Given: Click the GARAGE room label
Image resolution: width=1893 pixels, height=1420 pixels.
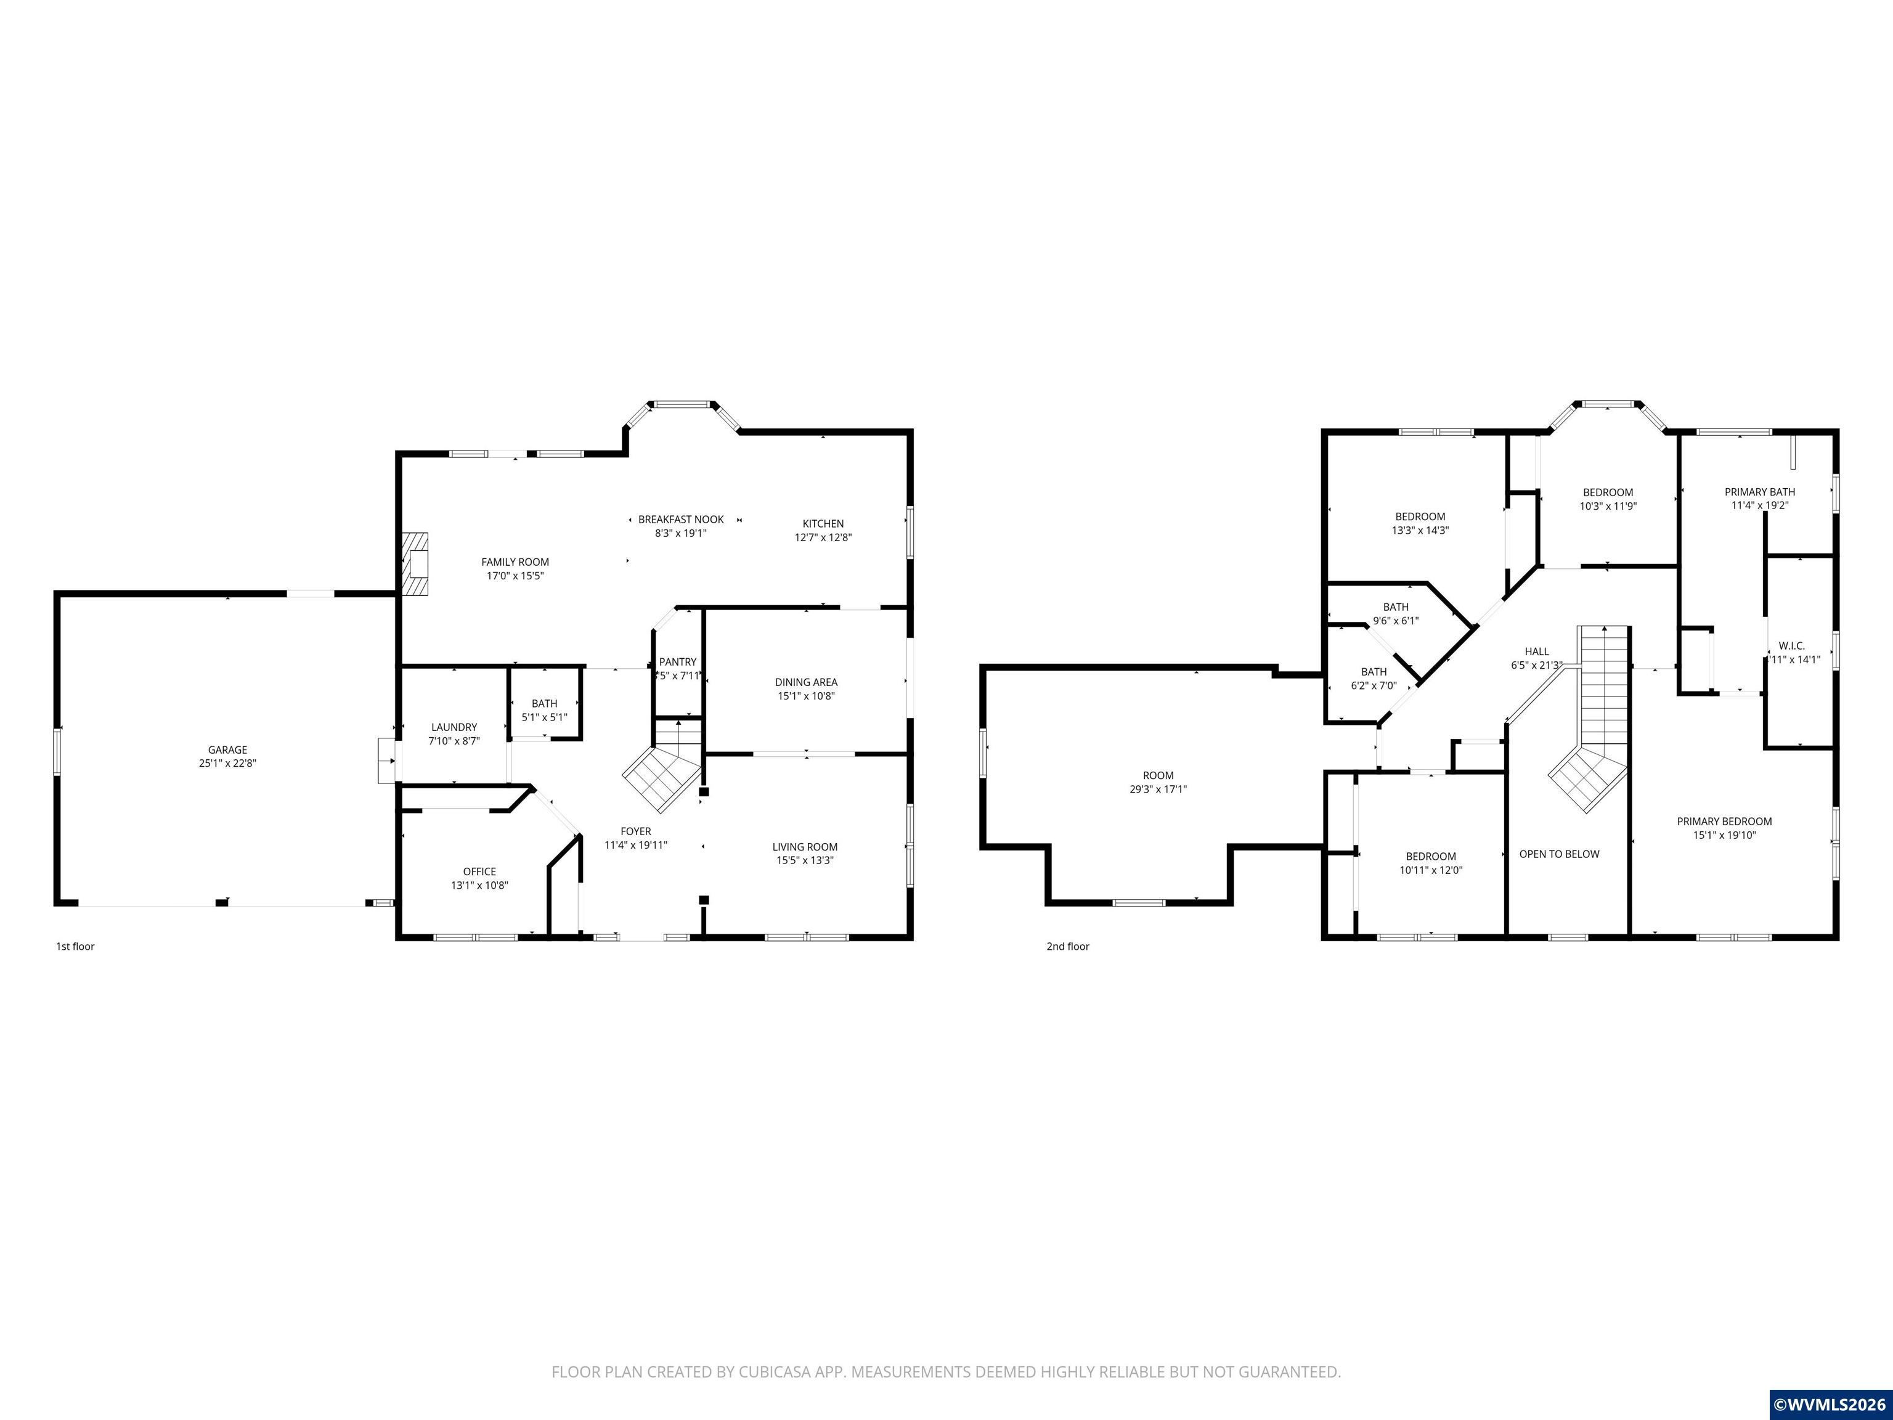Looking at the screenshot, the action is [227, 750].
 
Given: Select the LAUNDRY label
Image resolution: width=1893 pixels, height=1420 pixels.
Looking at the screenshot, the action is [454, 727].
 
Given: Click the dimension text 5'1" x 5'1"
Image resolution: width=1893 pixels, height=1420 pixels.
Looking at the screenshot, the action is [544, 717].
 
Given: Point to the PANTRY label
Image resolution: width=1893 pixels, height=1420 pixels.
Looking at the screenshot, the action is [678, 662].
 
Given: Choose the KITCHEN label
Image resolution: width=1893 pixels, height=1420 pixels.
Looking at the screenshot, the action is [823, 524].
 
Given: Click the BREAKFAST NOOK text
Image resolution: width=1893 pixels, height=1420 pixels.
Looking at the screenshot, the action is [681, 520].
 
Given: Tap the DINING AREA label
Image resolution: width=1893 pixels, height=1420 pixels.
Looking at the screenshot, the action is [806, 682].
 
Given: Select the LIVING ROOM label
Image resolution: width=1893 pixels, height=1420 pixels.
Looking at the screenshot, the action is [805, 847].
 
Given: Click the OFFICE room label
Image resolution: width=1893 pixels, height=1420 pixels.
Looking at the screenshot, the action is [479, 872].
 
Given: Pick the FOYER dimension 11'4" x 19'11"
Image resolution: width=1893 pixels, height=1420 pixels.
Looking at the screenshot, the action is [636, 845].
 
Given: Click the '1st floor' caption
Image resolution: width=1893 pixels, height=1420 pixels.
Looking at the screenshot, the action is [75, 947].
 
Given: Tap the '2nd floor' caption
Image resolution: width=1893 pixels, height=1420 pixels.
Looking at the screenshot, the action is [1068, 947].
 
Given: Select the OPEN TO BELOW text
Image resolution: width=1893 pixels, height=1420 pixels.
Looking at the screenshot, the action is [1559, 854].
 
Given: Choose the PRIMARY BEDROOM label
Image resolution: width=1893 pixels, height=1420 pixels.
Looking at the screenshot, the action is [1724, 822].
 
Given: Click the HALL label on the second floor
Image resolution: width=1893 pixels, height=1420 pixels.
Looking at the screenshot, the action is [1537, 652].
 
